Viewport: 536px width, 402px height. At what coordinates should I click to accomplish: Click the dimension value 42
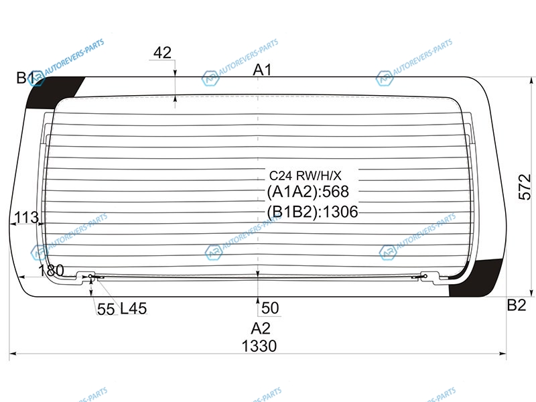pos(162,53)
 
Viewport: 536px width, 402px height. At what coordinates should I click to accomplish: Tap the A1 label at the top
pos(262,70)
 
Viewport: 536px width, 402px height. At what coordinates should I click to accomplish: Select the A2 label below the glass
pos(261,328)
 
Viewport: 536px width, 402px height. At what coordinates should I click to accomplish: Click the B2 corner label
pos(516,305)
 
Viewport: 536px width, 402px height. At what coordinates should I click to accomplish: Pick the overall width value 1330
pos(259,346)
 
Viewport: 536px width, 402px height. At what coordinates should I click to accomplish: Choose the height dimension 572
pos(525,187)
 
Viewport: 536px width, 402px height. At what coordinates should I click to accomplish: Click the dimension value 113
pos(27,217)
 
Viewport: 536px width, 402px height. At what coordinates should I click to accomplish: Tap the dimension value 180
pos(51,271)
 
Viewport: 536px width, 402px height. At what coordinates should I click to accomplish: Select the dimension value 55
pos(106,310)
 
